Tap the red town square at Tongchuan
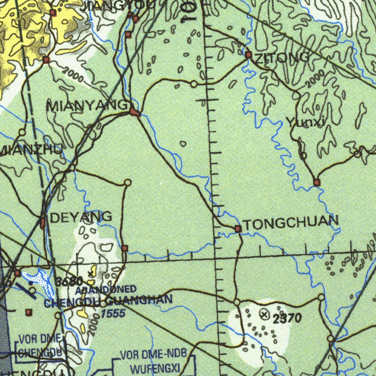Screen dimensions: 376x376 click(x=238, y=229)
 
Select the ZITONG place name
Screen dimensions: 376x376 click(x=282, y=58)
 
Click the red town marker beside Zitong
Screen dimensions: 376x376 click(x=249, y=55)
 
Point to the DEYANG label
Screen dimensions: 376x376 click(x=81, y=217)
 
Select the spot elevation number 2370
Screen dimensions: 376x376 click(x=287, y=318)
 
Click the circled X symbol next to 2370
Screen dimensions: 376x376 click(x=264, y=314)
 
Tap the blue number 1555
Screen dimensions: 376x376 click(x=113, y=314)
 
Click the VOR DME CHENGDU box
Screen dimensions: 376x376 click(x=40, y=346)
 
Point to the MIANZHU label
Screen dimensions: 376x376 click(x=32, y=150)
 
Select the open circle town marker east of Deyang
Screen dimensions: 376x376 click(x=127, y=182)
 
